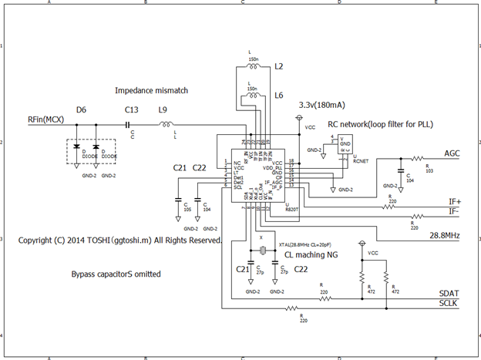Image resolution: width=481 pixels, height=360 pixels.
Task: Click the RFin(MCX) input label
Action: (44, 119)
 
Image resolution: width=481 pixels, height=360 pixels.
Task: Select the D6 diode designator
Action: (81, 109)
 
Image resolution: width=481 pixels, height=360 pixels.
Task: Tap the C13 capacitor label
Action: (131, 109)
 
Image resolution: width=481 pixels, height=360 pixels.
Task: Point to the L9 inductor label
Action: (163, 109)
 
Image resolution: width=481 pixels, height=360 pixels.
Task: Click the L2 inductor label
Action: (279, 68)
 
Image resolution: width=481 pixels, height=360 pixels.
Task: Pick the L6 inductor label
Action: (279, 96)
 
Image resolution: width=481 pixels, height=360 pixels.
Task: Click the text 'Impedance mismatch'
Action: (151, 90)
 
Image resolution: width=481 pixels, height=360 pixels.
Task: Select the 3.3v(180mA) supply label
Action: (321, 104)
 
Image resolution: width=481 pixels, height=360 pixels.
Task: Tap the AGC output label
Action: (452, 153)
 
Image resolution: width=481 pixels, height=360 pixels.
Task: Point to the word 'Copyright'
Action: (36, 241)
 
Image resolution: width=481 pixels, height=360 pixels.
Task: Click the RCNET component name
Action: (361, 163)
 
